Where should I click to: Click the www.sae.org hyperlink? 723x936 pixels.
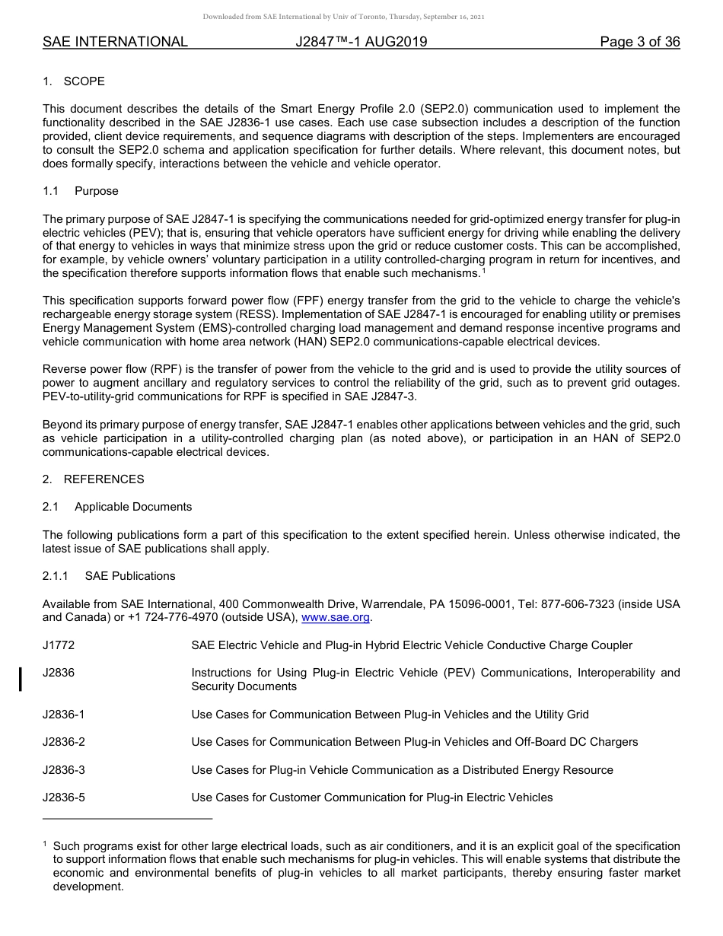tap(336, 618)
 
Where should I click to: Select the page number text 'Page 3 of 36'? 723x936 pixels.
tap(639, 42)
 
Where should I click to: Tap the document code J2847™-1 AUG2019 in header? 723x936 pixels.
tap(361, 42)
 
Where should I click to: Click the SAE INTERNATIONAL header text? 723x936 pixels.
tap(115, 42)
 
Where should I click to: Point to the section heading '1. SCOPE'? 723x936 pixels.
tap(74, 81)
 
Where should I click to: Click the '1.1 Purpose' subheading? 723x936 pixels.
tap(81, 191)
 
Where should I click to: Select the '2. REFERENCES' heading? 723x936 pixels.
tap(93, 479)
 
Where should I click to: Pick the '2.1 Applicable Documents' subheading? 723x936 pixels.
tap(117, 507)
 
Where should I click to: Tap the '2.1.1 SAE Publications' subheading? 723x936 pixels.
tap(109, 576)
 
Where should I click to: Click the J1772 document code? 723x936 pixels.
tap(59, 645)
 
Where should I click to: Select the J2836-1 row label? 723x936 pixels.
tap(64, 715)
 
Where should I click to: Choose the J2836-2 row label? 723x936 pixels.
tap(64, 742)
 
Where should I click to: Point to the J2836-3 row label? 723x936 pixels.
tap(64, 770)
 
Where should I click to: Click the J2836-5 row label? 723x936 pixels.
tap(64, 798)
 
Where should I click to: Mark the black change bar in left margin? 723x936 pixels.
tap(21, 679)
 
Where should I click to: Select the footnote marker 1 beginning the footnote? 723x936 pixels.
tap(45, 844)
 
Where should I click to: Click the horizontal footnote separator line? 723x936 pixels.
tap(127, 819)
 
